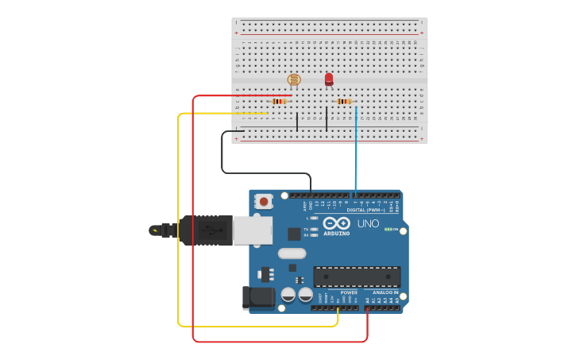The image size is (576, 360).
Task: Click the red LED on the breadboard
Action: (x=329, y=79)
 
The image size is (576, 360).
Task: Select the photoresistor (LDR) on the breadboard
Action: (x=294, y=79)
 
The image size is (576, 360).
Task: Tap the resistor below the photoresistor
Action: (x=279, y=101)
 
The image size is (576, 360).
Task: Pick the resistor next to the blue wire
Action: (x=343, y=101)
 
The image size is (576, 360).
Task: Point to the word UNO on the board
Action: (x=368, y=223)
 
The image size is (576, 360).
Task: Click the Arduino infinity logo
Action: (x=336, y=223)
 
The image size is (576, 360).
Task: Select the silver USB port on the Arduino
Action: (x=253, y=230)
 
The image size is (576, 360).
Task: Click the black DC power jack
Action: (x=258, y=297)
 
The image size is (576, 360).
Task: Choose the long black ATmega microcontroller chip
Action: (x=356, y=277)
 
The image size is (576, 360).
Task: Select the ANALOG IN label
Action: (x=385, y=292)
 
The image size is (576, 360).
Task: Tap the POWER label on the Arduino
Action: (x=349, y=292)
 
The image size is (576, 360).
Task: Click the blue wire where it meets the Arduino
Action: (x=355, y=193)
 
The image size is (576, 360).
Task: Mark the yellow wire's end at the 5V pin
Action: (x=338, y=308)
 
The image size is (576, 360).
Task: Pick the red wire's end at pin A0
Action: (x=367, y=308)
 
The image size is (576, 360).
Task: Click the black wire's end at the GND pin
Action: (x=311, y=193)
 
